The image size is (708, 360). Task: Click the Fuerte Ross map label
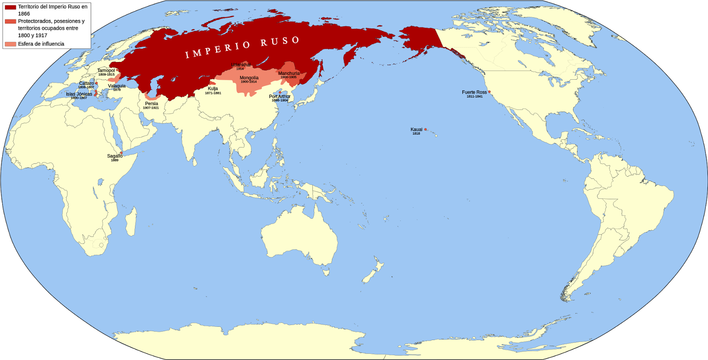click(474, 92)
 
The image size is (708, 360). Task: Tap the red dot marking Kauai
click(426, 129)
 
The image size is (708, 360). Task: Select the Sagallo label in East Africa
click(115, 156)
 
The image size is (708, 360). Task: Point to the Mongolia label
click(249, 78)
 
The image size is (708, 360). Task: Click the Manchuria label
click(289, 74)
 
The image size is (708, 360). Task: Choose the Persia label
click(151, 104)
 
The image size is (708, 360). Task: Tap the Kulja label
click(213, 89)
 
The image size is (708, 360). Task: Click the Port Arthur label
click(280, 97)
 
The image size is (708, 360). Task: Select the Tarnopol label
click(106, 70)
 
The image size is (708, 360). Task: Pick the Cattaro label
click(87, 83)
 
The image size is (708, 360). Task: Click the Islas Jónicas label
click(79, 94)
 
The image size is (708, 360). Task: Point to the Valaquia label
click(117, 86)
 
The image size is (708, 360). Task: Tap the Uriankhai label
click(241, 65)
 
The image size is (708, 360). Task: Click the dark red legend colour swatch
click(10, 8)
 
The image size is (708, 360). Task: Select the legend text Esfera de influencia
click(41, 44)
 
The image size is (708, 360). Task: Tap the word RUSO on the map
click(280, 42)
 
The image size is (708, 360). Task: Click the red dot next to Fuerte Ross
click(489, 92)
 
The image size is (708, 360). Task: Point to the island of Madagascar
click(131, 221)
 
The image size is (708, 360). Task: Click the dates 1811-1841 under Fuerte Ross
click(474, 97)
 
